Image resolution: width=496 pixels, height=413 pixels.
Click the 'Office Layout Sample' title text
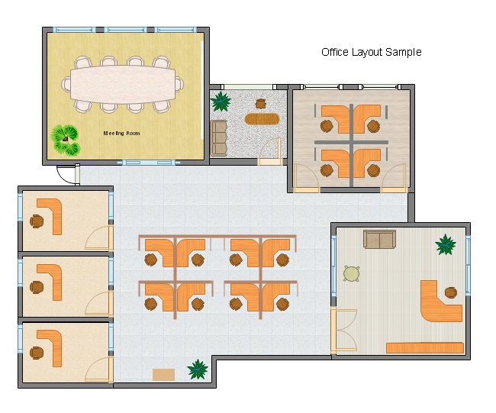(x=372, y=52)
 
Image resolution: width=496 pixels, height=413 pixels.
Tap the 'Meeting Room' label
(x=121, y=134)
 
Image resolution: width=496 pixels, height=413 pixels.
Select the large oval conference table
(x=123, y=84)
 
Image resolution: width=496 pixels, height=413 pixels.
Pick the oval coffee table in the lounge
(x=262, y=119)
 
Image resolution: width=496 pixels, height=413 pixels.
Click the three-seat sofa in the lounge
(x=219, y=138)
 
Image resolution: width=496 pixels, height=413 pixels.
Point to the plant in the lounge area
(x=221, y=101)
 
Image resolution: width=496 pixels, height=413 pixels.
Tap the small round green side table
(x=352, y=273)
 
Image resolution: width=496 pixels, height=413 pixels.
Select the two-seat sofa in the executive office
(x=379, y=239)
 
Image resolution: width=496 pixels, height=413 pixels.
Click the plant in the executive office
(x=446, y=244)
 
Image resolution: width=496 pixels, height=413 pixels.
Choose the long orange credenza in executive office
(x=425, y=348)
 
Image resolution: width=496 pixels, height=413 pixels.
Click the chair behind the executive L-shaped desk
(x=451, y=292)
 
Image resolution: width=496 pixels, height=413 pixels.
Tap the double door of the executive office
(x=344, y=330)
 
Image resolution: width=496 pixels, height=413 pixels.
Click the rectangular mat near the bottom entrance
(x=163, y=375)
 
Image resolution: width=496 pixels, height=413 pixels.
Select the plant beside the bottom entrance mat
(x=198, y=369)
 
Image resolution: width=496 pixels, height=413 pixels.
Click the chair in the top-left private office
(x=37, y=221)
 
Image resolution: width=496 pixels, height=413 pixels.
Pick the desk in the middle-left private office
(x=51, y=282)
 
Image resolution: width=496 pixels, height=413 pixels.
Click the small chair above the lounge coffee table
(x=260, y=103)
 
